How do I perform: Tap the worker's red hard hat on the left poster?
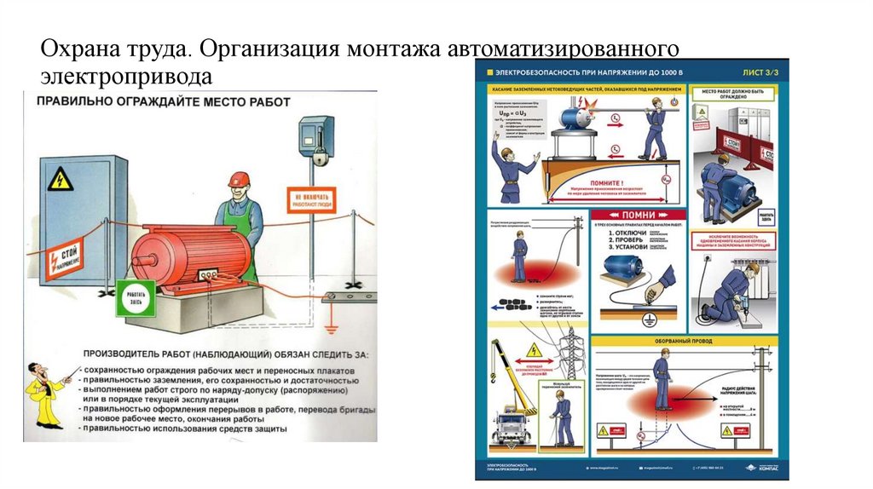[x=239, y=179]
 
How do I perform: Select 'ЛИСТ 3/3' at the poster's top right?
[x=758, y=74]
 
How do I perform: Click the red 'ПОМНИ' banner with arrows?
[x=639, y=215]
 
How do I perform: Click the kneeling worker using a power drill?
[x=733, y=290]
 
